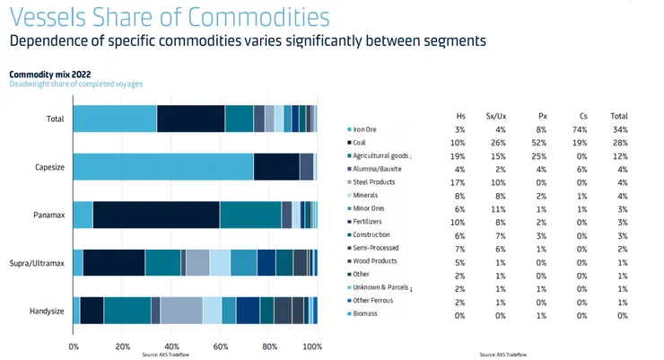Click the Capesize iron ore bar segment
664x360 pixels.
pos(162,167)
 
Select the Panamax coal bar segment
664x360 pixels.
pos(155,215)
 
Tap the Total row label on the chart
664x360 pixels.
pos(54,119)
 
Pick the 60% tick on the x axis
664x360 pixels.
pos(220,346)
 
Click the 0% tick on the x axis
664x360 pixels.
pos(74,346)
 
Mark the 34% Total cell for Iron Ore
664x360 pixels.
pos(619,130)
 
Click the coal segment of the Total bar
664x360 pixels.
pos(190,119)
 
